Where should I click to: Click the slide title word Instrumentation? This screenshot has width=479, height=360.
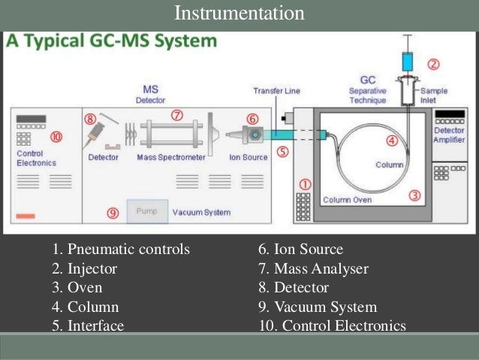pyautogui.click(x=239, y=14)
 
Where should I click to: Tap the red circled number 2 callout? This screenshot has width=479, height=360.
pyautogui.click(x=432, y=65)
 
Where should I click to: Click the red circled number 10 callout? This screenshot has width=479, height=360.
pyautogui.click(x=56, y=137)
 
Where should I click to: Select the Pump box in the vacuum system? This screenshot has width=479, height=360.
pyautogui.click(x=146, y=212)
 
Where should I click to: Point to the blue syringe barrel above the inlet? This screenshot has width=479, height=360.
pyautogui.click(x=407, y=61)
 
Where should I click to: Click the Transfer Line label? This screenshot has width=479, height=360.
pyautogui.click(x=276, y=91)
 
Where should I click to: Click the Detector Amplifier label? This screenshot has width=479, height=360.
pyautogui.click(x=450, y=135)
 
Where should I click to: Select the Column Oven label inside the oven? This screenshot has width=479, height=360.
pyautogui.click(x=348, y=200)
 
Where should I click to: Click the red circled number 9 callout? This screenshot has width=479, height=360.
pyautogui.click(x=113, y=213)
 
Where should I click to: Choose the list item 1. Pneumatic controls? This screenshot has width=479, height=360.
pyautogui.click(x=121, y=250)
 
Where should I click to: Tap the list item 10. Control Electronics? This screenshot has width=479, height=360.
pyautogui.click(x=330, y=325)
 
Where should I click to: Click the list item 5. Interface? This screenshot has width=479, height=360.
pyautogui.click(x=88, y=325)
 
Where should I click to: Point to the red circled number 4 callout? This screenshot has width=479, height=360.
pyautogui.click(x=391, y=141)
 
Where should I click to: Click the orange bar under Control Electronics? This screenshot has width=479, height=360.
pyautogui.click(x=26, y=216)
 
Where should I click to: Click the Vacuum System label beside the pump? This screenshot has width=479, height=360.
pyautogui.click(x=201, y=213)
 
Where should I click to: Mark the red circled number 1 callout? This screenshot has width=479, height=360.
pyautogui.click(x=306, y=183)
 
